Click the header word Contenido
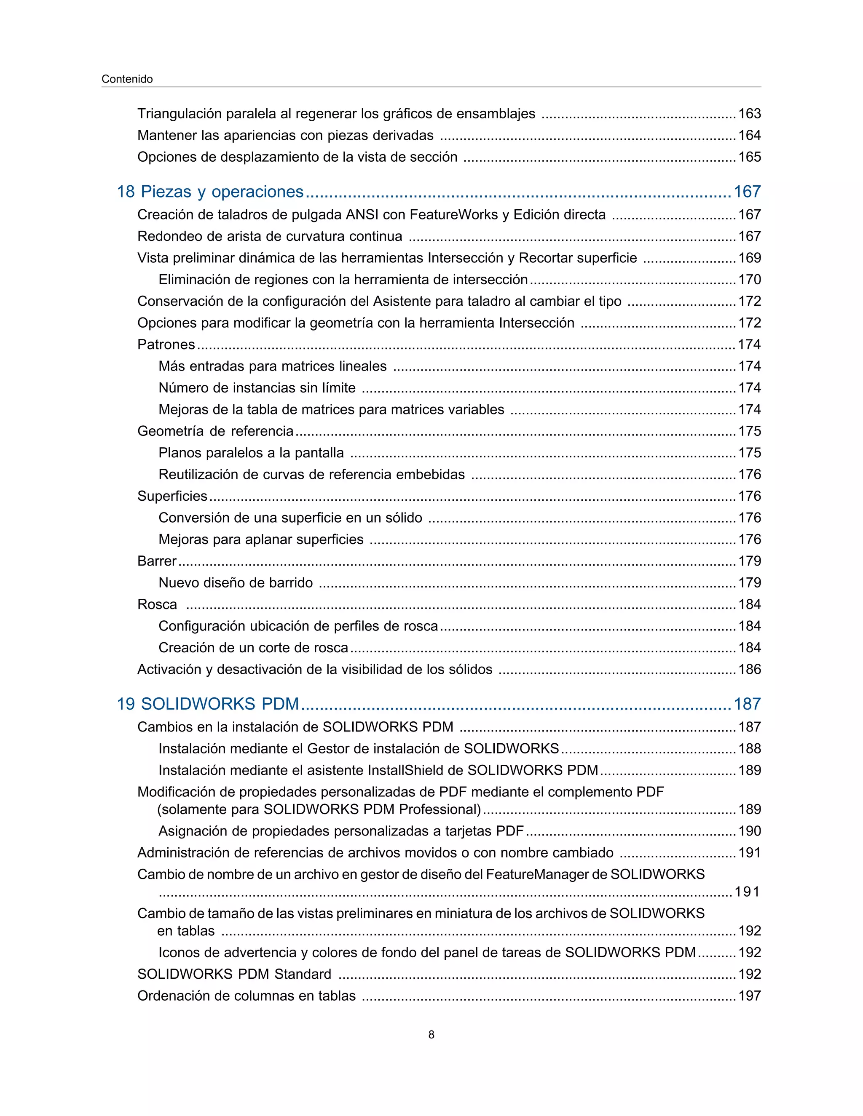[127, 79]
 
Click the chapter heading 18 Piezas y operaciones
[210, 192]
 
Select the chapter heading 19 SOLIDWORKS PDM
[208, 704]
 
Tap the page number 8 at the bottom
[431, 1035]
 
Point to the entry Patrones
[166, 344]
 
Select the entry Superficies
[172, 496]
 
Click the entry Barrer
[156, 561]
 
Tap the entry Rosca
[157, 604]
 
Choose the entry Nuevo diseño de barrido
[235, 582]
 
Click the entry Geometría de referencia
[215, 431]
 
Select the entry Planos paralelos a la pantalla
[251, 453]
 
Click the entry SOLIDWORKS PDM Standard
[234, 974]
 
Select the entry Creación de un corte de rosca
[253, 648]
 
